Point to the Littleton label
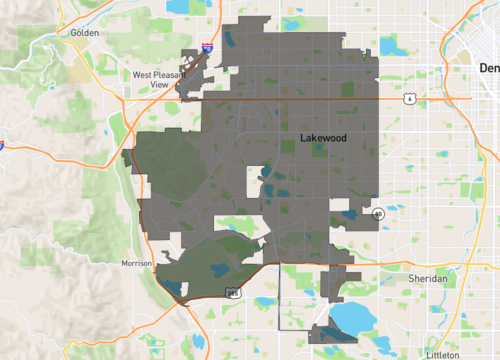point(442,354)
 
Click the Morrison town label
point(135,263)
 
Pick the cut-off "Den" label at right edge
point(489,68)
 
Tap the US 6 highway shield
point(410,98)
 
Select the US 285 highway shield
point(232,292)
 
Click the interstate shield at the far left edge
point(3,144)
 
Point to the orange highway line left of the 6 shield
point(300,98)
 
